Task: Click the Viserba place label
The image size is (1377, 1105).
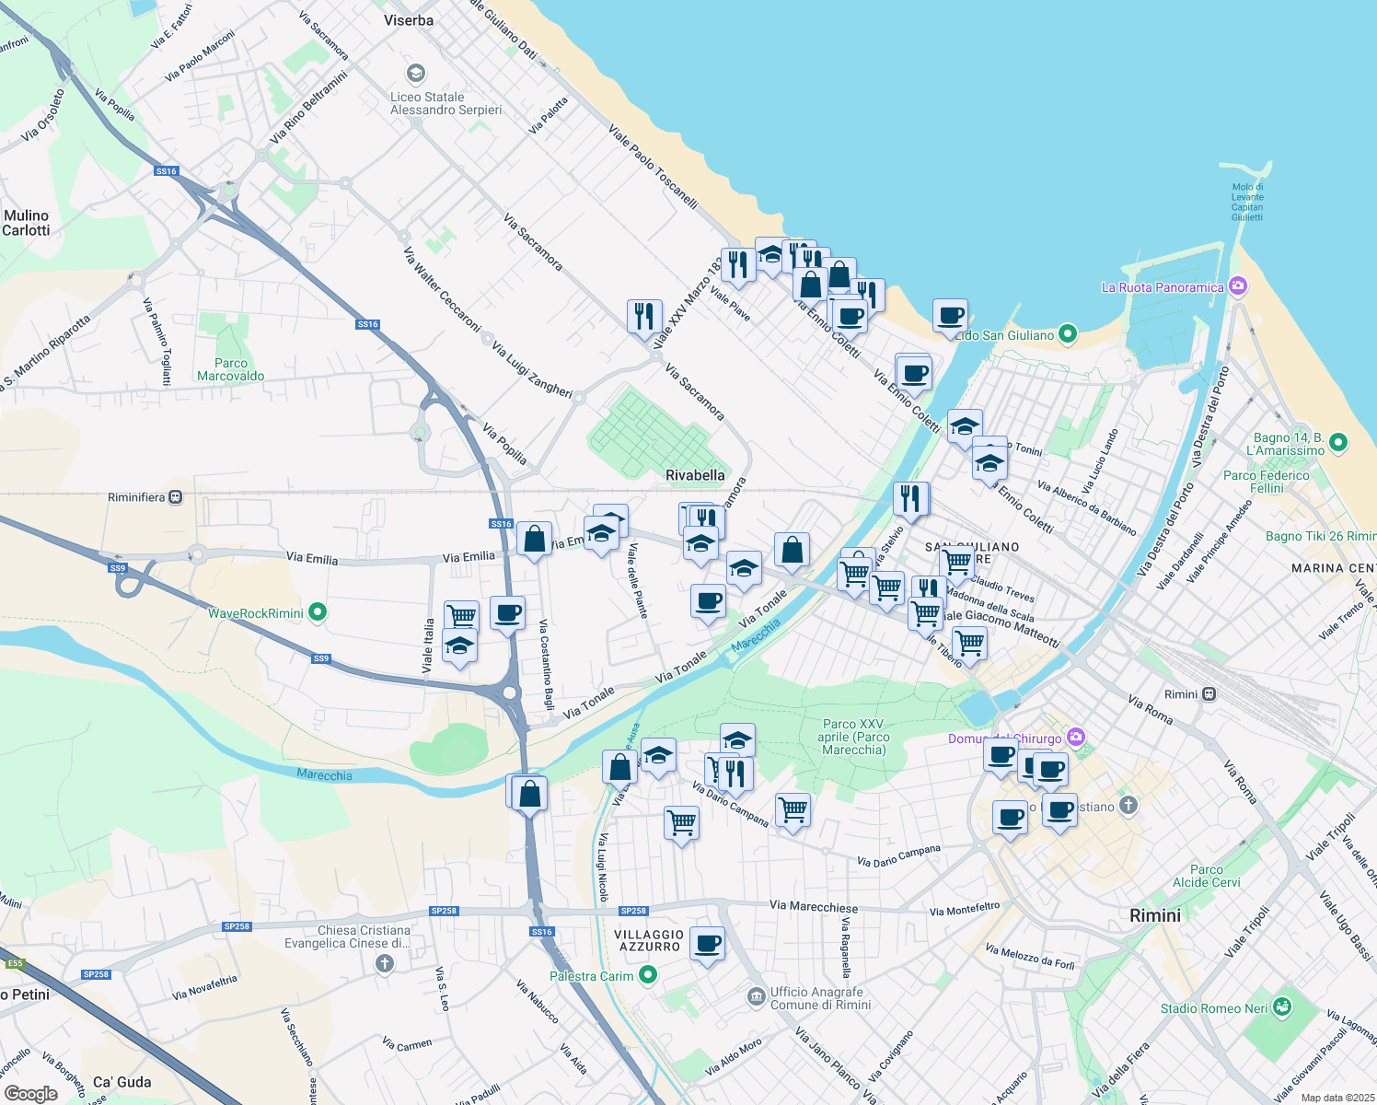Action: click(409, 20)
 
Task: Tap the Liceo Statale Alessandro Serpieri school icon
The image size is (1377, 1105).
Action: click(416, 74)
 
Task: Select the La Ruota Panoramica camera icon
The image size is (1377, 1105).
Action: click(1238, 286)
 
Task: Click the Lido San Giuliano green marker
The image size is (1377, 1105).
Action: click(1068, 334)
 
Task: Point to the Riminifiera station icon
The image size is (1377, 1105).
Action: click(176, 497)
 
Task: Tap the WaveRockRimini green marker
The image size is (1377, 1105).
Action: click(318, 611)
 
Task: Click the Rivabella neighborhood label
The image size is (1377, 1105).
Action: click(695, 475)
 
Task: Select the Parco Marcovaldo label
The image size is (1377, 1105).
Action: click(230, 369)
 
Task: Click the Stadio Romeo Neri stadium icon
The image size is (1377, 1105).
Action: click(1280, 1007)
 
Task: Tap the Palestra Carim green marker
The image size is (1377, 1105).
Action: click(648, 974)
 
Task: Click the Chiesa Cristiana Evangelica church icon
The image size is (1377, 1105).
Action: click(385, 963)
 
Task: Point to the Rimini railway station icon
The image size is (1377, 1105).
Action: click(1209, 694)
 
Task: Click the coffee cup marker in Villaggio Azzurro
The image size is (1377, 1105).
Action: click(707, 944)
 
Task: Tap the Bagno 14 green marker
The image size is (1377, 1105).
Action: click(1338, 443)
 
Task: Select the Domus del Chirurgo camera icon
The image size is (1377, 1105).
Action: click(1077, 738)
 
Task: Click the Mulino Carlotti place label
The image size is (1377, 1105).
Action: click(26, 223)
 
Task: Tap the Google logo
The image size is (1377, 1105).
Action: click(30, 1093)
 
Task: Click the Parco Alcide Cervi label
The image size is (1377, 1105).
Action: click(1206, 876)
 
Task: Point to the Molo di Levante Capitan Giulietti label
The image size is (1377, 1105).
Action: click(1247, 202)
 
